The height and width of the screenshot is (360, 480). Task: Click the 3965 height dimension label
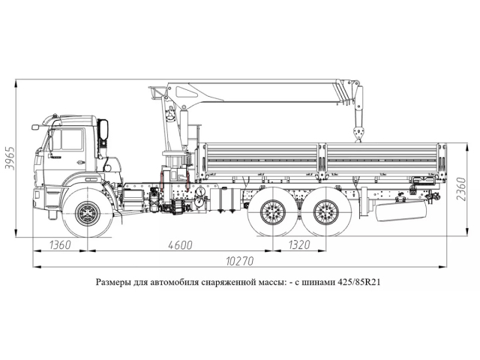click(10, 157)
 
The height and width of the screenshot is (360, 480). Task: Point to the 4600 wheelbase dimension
click(179, 244)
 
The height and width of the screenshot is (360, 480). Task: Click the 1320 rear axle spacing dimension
click(298, 244)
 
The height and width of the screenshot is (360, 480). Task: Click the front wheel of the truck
click(88, 212)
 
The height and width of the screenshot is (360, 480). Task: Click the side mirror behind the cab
click(103, 130)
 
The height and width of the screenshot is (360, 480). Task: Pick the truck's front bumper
click(40, 198)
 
